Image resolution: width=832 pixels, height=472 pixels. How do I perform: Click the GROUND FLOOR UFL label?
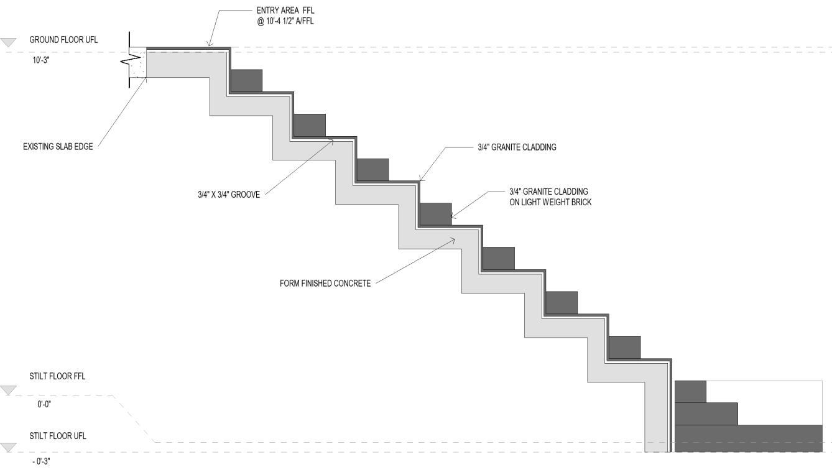pos(63,40)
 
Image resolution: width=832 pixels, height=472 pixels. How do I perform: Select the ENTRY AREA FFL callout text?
pos(281,11)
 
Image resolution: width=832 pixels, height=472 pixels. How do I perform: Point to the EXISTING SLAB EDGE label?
pos(58,147)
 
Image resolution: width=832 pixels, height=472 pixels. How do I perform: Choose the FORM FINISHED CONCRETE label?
pos(325,284)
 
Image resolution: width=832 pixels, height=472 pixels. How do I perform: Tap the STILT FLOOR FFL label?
pos(57,376)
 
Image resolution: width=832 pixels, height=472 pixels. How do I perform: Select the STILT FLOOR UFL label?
pos(58,436)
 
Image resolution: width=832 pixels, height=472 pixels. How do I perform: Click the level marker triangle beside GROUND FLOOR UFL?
pos(8,42)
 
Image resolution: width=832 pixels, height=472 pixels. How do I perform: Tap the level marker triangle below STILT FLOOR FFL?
pos(8,390)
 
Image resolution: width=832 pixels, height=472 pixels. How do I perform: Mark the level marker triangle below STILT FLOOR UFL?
pos(8,447)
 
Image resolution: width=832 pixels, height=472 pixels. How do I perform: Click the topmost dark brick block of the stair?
pos(246,80)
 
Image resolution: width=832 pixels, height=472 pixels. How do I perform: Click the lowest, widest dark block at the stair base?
pos(748,438)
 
